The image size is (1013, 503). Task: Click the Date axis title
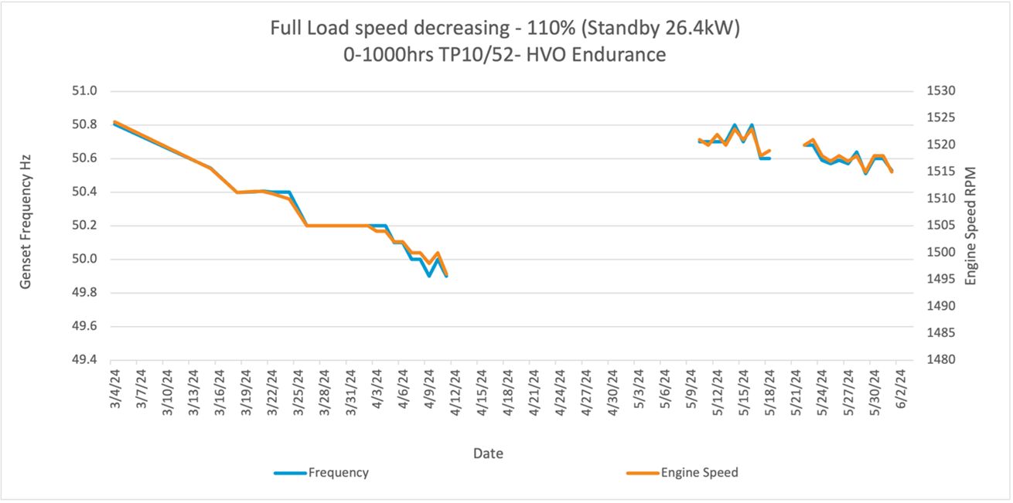pos(488,454)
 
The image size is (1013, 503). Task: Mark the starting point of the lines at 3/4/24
pos(114,122)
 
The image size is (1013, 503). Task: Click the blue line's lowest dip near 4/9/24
pos(428,276)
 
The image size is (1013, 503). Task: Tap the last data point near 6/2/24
pos(892,172)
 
